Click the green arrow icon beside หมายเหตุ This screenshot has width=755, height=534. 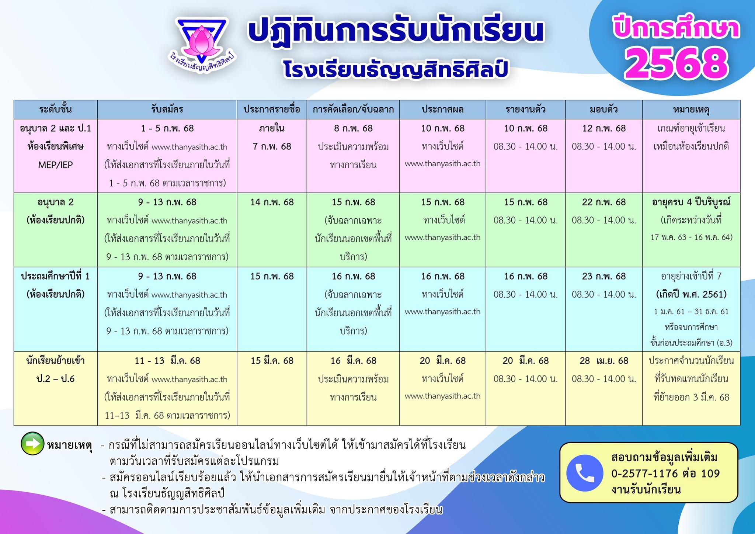(x=32, y=443)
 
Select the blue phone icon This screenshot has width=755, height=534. (x=585, y=473)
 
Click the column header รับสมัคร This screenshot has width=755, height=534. (x=167, y=110)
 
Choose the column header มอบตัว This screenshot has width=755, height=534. (x=604, y=110)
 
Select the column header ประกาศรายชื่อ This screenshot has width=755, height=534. (x=272, y=110)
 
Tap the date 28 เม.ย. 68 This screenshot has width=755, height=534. (x=604, y=361)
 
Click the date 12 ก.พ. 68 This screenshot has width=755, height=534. (x=604, y=128)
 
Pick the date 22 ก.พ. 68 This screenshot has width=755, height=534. (x=604, y=202)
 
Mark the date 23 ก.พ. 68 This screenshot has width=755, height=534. (x=604, y=276)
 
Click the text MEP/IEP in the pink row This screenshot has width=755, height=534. (x=56, y=165)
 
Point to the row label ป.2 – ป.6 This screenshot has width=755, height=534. (x=56, y=379)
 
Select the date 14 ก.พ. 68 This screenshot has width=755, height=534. (x=272, y=202)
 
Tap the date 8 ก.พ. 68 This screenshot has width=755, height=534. (x=353, y=128)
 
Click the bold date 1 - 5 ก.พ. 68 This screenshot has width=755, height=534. (x=167, y=128)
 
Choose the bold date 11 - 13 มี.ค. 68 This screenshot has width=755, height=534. (x=167, y=361)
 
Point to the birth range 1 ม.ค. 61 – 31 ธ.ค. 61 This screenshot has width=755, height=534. (x=691, y=312)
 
